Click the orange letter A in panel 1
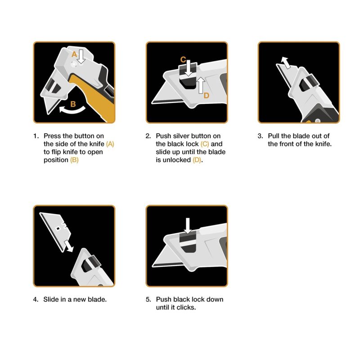tap(74, 54)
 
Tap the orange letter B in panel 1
tap(73, 104)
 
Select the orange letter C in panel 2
tap(183, 59)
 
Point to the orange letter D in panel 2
tap(207, 95)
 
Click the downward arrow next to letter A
tap(81, 57)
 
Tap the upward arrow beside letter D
tap(201, 85)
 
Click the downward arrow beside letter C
tap(189, 68)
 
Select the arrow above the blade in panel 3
tap(286, 63)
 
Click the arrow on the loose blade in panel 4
tap(69, 246)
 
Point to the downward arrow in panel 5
tap(188, 226)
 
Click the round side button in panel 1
tap(74, 64)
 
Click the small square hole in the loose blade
tap(58, 229)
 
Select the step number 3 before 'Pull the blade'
tap(260, 136)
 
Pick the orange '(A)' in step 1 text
tap(110, 144)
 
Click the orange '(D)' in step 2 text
tap(197, 160)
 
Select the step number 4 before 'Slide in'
tap(36, 299)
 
